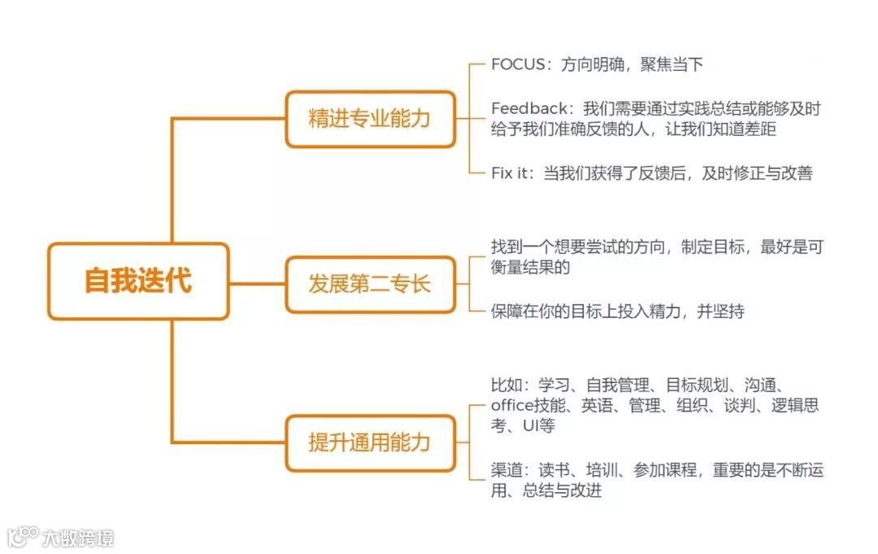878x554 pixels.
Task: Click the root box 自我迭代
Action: [x=138, y=281]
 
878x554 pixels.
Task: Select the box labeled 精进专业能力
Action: [x=370, y=119]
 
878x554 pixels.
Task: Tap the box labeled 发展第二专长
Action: [x=370, y=284]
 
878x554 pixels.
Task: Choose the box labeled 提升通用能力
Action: [x=370, y=443]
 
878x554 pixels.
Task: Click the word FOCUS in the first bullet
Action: [x=517, y=65]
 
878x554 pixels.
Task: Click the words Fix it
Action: [x=510, y=172]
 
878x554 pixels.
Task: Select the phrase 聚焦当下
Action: [x=671, y=65]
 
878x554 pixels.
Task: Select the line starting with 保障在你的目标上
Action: [x=618, y=311]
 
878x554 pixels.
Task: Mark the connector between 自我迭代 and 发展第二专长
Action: [x=257, y=284]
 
